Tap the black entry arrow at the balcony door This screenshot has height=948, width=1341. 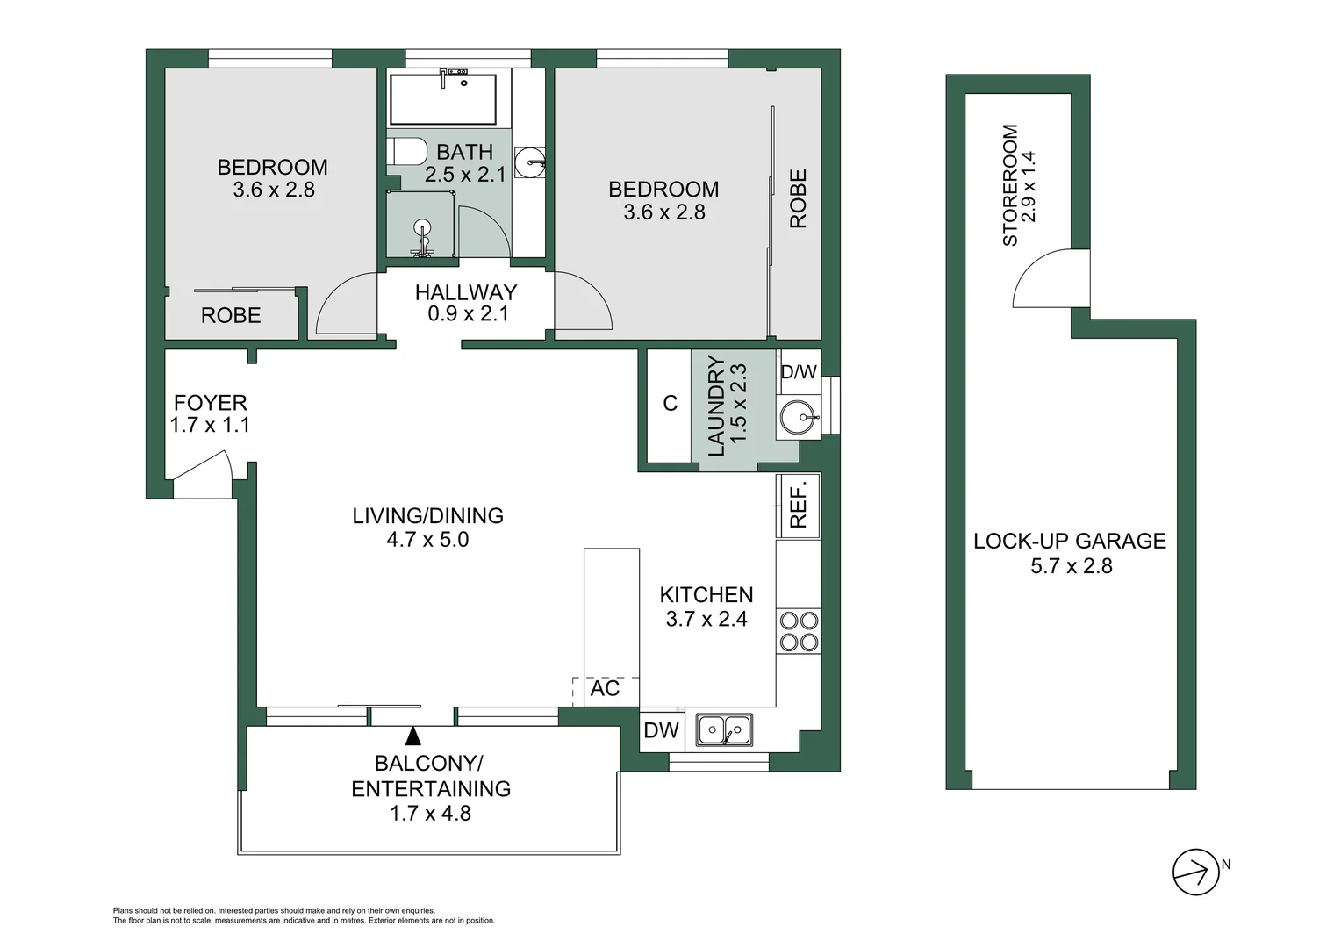(412, 736)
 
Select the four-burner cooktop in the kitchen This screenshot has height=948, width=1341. (799, 632)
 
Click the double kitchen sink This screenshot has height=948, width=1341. (724, 729)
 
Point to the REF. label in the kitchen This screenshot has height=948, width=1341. (798, 506)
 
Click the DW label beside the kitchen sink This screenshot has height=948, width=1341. (661, 730)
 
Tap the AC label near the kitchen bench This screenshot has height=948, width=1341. (605, 688)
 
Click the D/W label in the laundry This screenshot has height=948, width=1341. (799, 371)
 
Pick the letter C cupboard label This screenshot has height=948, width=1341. (670, 403)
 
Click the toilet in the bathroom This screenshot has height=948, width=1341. (406, 150)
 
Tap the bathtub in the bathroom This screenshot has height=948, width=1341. (443, 99)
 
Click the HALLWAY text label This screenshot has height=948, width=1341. (466, 292)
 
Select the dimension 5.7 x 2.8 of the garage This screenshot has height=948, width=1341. (1071, 566)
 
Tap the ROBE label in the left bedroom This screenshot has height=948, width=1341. (231, 315)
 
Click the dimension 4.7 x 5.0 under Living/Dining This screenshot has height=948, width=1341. (427, 540)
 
